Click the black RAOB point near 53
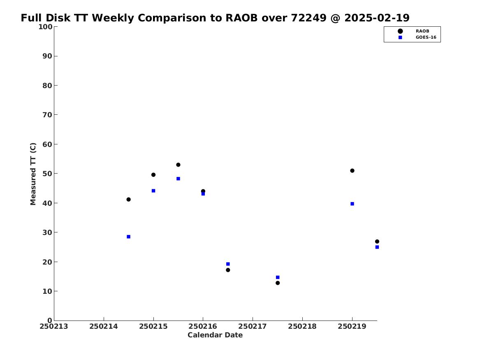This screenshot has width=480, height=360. pyautogui.click(x=178, y=165)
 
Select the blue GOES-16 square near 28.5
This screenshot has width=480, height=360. pyautogui.click(x=129, y=237)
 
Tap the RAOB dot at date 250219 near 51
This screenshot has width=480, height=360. pyautogui.click(x=352, y=170)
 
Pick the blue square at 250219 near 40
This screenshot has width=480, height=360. pyautogui.click(x=352, y=204)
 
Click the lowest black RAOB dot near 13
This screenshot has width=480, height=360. pyautogui.click(x=278, y=283)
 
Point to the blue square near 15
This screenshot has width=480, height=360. pyautogui.click(x=278, y=277)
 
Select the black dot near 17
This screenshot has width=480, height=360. pyautogui.click(x=228, y=270)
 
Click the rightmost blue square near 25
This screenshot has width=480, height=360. pyautogui.click(x=377, y=247)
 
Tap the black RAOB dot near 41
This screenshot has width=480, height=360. pyautogui.click(x=129, y=200)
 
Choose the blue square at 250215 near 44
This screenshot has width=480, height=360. pyautogui.click(x=153, y=191)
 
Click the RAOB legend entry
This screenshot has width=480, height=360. pyautogui.click(x=413, y=31)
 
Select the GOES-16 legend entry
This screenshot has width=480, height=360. pyautogui.click(x=417, y=37)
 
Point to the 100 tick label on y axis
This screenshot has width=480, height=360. pyautogui.click(x=45, y=27)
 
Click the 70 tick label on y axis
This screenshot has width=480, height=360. pyautogui.click(x=47, y=115)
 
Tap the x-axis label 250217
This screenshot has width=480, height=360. pyautogui.click(x=253, y=326)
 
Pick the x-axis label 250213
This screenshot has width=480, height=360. pyautogui.click(x=54, y=326)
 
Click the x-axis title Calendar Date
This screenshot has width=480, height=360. pyautogui.click(x=215, y=335)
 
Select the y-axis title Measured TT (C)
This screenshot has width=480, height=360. pyautogui.click(x=33, y=174)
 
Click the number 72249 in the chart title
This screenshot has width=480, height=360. pyautogui.click(x=308, y=18)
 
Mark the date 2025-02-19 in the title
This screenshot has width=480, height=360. pyautogui.click(x=377, y=18)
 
